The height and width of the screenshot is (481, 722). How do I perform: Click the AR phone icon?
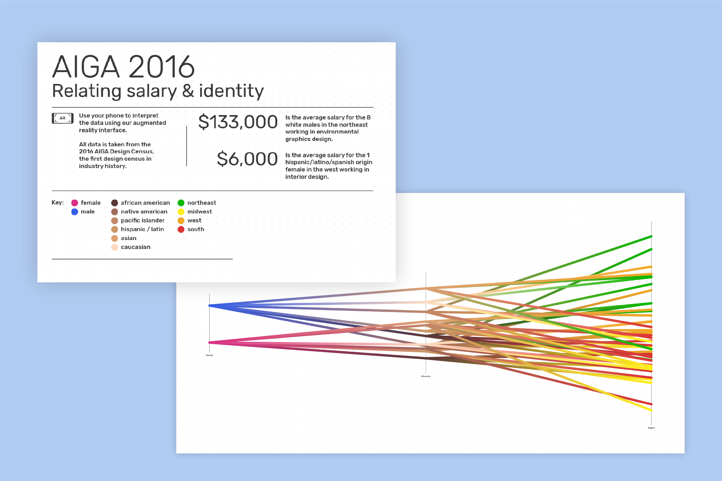[62, 118]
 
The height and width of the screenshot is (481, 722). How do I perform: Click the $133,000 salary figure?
[238, 122]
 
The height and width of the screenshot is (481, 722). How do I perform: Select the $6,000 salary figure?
[247, 159]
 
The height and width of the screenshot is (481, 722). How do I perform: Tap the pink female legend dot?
[75, 203]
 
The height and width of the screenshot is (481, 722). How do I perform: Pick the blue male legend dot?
[75, 212]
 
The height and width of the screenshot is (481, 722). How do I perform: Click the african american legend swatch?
[114, 203]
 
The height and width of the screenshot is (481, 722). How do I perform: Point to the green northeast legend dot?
[181, 203]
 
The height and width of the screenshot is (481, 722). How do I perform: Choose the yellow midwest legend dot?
[181, 212]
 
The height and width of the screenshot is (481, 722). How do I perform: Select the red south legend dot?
[181, 229]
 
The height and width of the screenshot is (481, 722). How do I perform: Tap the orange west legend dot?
[181, 220]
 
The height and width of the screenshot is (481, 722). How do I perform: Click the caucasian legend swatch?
[114, 247]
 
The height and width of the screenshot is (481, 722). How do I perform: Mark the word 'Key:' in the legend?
[58, 203]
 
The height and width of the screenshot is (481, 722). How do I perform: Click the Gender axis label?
[209, 355]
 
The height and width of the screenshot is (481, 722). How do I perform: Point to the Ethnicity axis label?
[426, 376]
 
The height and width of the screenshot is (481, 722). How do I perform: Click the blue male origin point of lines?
[210, 306]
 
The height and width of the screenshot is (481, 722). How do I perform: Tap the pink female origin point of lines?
[210, 342]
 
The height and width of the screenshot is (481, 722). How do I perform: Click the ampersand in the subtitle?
[188, 91]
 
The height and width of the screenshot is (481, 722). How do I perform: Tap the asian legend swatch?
[114, 238]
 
